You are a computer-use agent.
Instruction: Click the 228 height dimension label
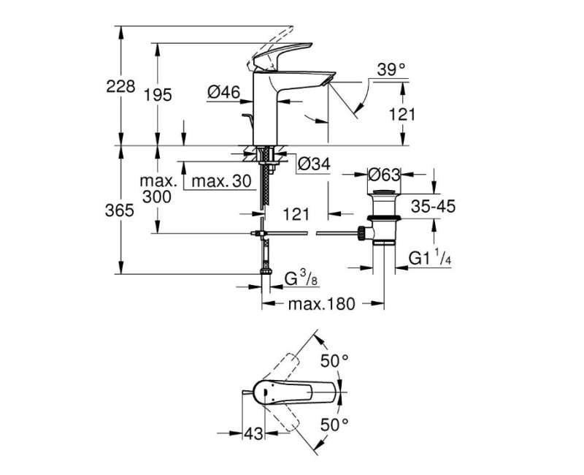pyautogui.click(x=120, y=86)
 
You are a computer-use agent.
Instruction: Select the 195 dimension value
pyautogui.click(x=158, y=95)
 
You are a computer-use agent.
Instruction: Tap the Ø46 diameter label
pyautogui.click(x=224, y=92)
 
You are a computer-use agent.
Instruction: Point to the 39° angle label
pyautogui.click(x=391, y=69)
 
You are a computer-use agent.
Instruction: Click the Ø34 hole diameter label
pyautogui.click(x=315, y=163)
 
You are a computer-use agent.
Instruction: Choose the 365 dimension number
pyautogui.click(x=119, y=210)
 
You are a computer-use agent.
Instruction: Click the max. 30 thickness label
pyautogui.click(x=222, y=181)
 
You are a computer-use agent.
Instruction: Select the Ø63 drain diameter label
pyautogui.click(x=384, y=175)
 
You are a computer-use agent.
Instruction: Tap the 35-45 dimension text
pyautogui.click(x=433, y=206)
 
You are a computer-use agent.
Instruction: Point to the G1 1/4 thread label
pyautogui.click(x=430, y=259)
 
